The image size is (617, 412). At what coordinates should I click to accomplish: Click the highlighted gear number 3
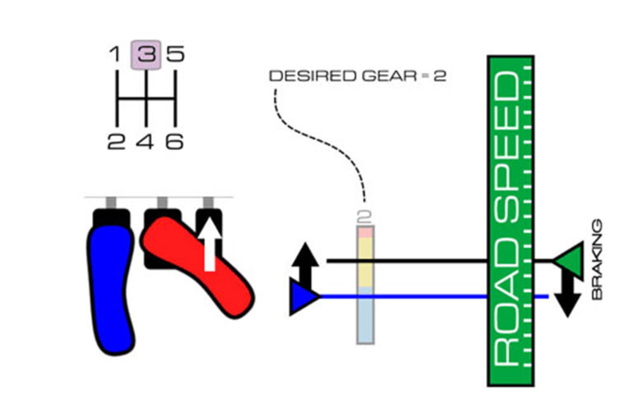click(x=146, y=55)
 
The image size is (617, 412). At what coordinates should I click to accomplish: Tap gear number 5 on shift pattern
click(x=175, y=54)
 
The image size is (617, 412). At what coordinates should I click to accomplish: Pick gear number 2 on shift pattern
click(x=116, y=142)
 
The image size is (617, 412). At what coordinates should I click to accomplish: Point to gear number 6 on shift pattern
click(x=174, y=142)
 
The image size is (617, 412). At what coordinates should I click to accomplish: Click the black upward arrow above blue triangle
click(x=305, y=264)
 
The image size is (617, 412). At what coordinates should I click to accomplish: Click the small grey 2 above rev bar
click(x=364, y=217)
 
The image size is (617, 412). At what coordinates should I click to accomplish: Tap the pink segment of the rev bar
click(x=365, y=232)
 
